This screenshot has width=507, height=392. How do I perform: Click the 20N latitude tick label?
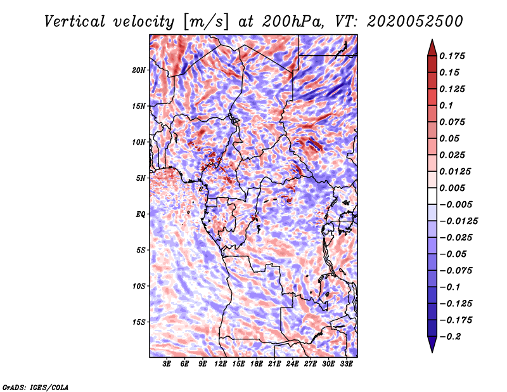tap(138, 70)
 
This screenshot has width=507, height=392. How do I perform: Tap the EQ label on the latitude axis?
tap(141, 214)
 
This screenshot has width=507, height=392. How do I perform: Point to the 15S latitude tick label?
tap(138, 322)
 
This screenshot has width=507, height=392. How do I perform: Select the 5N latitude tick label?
tap(141, 178)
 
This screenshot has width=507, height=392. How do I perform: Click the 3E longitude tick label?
tap(167, 363)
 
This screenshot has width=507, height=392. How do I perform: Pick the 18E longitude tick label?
tap(257, 363)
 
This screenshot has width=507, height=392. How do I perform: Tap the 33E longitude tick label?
tap(346, 363)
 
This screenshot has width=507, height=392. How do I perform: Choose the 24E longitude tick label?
tap(292, 363)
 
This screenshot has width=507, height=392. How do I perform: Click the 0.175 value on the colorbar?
tap(452, 56)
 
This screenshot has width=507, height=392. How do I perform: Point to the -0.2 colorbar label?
tap(450, 337)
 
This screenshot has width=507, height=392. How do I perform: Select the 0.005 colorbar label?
tap(452, 188)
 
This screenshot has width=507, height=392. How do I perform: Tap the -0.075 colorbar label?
tap(456, 271)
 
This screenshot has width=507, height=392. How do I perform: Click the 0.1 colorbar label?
tap(446, 105)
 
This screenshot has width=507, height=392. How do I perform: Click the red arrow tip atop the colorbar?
tap(432, 40)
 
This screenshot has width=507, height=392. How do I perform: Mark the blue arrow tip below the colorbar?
tap(432, 352)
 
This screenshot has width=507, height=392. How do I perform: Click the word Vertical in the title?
tap(75, 22)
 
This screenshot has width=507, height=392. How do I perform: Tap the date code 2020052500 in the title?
tap(415, 22)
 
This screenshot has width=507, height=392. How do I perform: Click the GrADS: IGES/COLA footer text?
tap(35, 387)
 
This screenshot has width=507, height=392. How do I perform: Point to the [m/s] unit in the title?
tap(206, 22)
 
